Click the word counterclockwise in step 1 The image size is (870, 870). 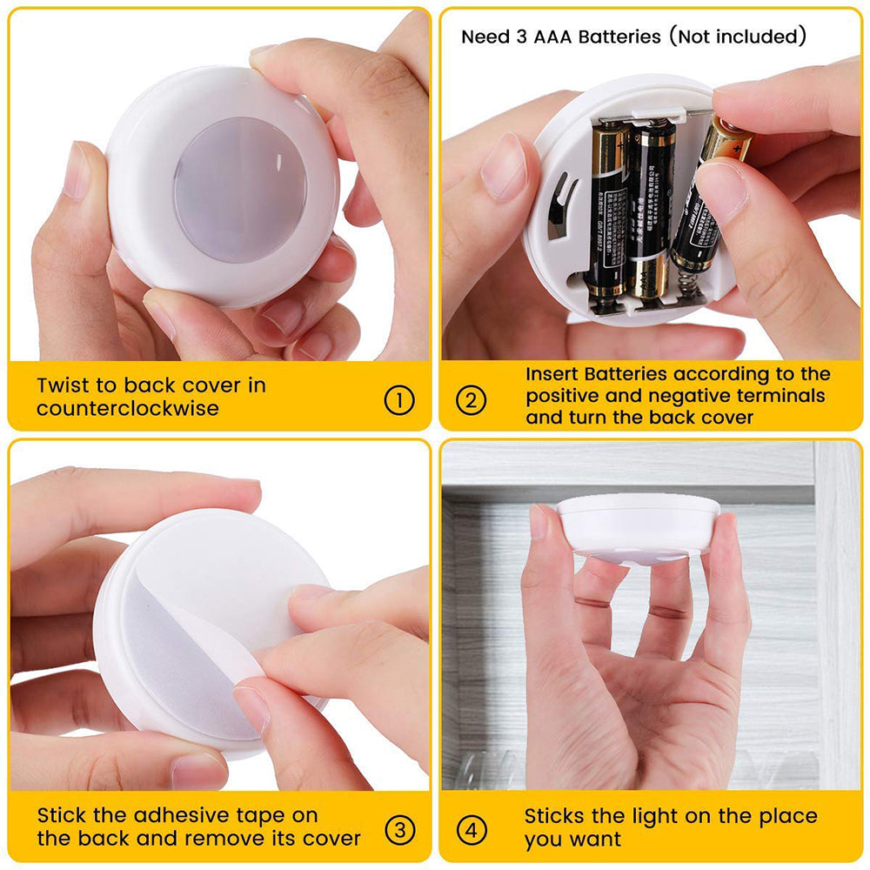[x=128, y=408]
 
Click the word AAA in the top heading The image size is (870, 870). [x=545, y=37]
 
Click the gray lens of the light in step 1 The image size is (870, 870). [x=239, y=190]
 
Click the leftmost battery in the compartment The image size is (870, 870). [x=608, y=209]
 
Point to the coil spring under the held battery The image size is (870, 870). [x=690, y=284]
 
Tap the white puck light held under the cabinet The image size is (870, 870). [x=638, y=526]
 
